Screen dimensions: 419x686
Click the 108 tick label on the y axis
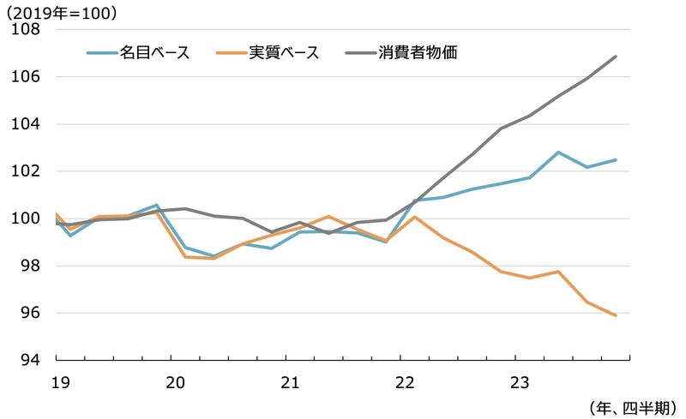pos(27,29)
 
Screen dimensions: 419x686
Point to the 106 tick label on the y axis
pos(27,76)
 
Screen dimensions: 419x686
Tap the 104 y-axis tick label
pos(27,123)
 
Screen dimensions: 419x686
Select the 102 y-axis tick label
pos(27,171)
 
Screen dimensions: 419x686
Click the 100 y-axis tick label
pos(27,218)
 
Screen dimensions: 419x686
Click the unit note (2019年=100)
pos(62,12)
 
